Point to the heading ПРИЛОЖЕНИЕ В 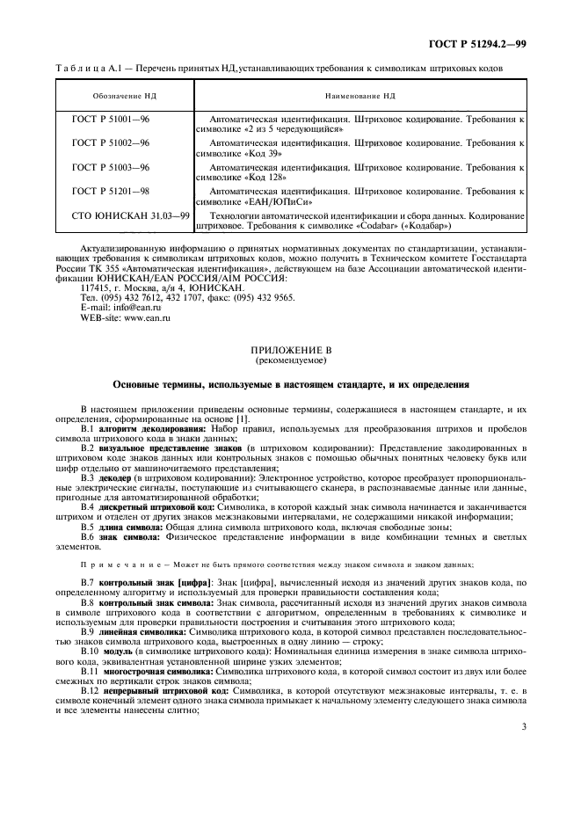(290, 350)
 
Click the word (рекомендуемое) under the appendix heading (290, 361)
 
